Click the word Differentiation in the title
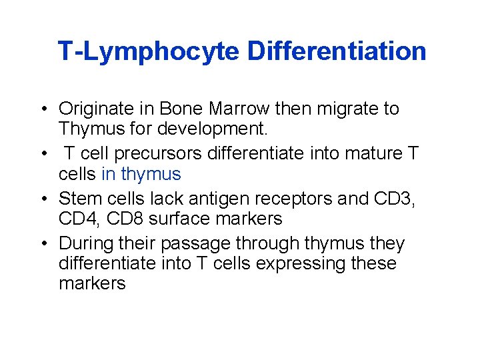pos(337,51)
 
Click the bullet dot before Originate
pos(41,109)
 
